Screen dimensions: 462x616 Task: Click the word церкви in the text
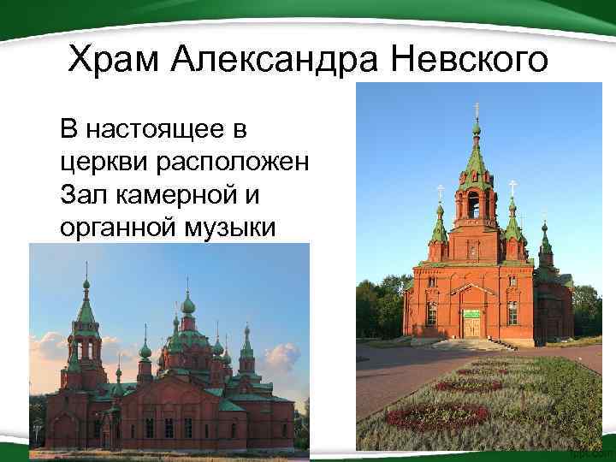[x=97, y=163]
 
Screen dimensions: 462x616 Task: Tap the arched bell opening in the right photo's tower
[x=473, y=204]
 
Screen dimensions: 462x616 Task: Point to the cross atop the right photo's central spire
[x=476, y=109]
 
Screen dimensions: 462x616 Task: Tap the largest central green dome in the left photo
[x=188, y=305]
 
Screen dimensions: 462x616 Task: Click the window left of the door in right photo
[x=431, y=313]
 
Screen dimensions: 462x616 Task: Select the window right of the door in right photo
[x=512, y=313]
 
